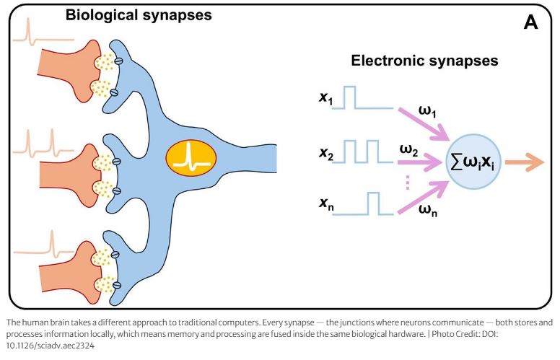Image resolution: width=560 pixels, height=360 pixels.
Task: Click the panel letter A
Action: [531, 22]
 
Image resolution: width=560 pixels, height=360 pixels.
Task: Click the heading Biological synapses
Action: [139, 14]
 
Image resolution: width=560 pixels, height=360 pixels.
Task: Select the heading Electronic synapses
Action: [424, 61]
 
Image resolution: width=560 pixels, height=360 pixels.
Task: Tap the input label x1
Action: [327, 96]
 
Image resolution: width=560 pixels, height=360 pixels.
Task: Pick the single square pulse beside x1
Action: [351, 97]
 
